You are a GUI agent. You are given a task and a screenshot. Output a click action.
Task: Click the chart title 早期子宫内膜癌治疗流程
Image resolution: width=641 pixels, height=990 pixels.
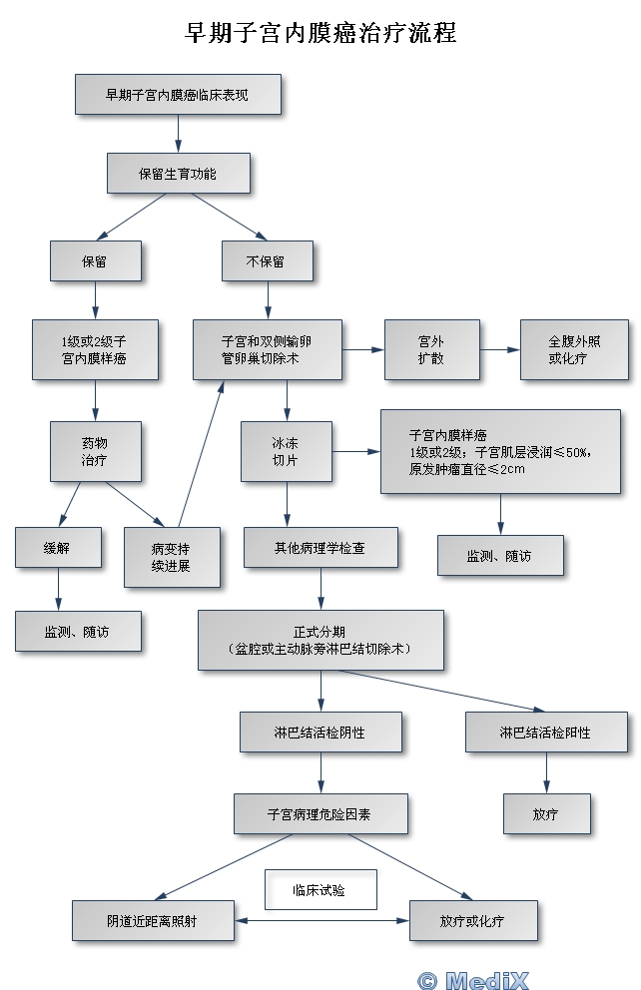point(320,32)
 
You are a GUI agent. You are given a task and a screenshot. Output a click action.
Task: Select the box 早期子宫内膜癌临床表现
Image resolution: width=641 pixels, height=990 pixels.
point(178,95)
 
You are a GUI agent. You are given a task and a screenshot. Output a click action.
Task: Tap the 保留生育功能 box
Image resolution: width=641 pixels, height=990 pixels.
point(178,173)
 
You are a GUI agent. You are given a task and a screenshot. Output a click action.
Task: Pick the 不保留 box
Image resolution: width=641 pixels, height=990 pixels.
point(266,261)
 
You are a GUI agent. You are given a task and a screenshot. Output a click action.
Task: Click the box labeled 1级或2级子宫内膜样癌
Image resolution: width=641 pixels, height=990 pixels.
point(95,349)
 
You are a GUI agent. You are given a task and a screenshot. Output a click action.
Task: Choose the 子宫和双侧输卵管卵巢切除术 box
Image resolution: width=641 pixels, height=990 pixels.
point(267,349)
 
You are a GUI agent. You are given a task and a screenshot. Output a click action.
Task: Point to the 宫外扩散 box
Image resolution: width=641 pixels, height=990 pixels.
point(431,349)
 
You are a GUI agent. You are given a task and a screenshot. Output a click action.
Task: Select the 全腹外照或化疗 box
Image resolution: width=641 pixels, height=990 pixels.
point(574,349)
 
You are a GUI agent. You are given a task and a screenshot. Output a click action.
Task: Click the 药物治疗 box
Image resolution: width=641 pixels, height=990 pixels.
point(95,451)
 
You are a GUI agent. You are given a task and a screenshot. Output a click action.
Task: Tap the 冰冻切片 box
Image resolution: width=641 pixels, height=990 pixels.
point(286,451)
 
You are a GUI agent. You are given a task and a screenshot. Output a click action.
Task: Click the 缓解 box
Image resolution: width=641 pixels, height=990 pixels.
point(58,547)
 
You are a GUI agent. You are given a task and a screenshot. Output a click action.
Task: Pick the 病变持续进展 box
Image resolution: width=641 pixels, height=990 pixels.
point(171,557)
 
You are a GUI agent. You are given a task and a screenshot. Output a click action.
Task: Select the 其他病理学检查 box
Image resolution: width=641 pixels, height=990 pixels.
point(320,547)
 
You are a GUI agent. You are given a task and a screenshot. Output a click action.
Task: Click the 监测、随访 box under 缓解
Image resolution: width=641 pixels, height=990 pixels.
point(77,631)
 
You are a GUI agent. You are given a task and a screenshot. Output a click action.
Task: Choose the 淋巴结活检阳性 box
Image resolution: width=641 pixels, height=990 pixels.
point(545,732)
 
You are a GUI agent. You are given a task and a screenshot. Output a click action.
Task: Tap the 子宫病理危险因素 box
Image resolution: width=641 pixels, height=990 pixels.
point(320,813)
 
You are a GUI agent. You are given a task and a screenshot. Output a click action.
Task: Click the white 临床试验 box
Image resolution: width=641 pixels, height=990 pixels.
point(320,889)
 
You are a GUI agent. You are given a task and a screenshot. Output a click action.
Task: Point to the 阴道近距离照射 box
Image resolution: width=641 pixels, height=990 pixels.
point(152,920)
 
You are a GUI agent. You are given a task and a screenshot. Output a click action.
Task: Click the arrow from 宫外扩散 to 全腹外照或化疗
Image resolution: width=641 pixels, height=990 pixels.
point(499,349)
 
